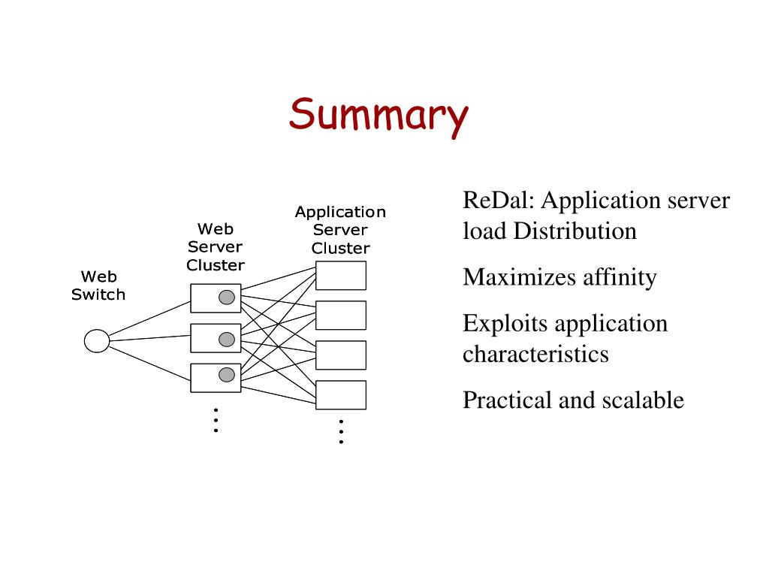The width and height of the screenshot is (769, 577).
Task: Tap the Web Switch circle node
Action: [97, 340]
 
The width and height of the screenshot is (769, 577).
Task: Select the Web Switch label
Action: [98, 285]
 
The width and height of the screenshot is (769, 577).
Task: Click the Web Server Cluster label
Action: [216, 246]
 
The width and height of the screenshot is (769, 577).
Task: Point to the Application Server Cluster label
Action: [340, 230]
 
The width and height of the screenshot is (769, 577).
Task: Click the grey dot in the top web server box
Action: [227, 298]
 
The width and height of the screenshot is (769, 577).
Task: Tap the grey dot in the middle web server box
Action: [227, 339]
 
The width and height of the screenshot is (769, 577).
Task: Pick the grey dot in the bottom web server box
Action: [227, 375]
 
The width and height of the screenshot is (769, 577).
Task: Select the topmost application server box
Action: [341, 275]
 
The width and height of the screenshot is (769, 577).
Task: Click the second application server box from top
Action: [341, 315]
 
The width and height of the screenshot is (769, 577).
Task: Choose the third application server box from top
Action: [341, 355]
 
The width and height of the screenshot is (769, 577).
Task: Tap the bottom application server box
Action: [341, 395]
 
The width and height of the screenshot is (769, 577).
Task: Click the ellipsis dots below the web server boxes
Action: [216, 420]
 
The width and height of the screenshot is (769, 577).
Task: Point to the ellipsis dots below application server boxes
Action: [342, 432]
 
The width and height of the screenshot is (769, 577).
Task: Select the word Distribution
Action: [574, 231]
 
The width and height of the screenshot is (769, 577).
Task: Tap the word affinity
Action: [620, 278]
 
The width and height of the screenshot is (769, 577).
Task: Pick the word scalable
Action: [643, 400]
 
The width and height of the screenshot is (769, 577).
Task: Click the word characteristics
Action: [535, 354]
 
